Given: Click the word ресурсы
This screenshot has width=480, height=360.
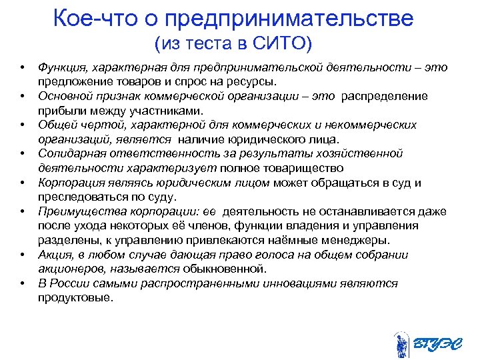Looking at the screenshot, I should pyautogui.click(x=251, y=81).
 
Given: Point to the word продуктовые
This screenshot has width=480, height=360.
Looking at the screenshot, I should pyautogui.click(x=75, y=297).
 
